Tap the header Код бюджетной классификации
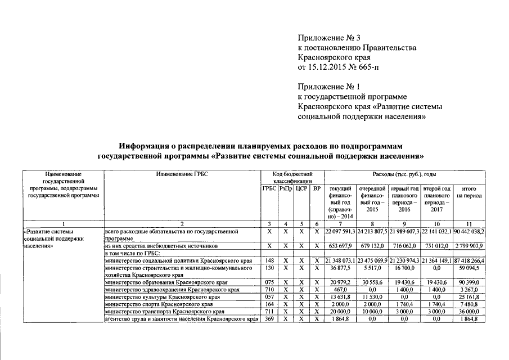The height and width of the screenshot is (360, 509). (x=292, y=178)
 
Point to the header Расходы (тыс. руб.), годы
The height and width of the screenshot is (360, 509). (x=404, y=174)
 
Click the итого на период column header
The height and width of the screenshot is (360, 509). (x=469, y=192)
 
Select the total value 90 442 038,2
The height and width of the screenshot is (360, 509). (x=469, y=232)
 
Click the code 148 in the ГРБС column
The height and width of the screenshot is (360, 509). (x=269, y=260)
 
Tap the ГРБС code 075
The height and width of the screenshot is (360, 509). (x=269, y=282)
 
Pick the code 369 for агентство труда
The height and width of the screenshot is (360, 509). (x=269, y=319)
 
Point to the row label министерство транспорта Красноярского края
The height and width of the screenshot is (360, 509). (x=165, y=312)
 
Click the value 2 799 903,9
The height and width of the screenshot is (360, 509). (x=470, y=246)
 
